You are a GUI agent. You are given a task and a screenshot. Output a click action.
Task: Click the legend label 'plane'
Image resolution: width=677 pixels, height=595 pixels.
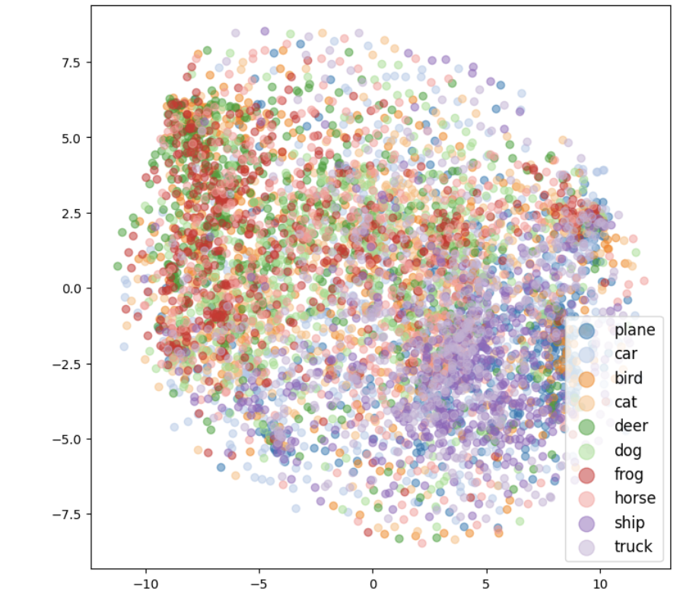634,329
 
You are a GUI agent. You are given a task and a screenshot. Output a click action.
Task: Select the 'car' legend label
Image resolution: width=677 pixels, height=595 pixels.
626,354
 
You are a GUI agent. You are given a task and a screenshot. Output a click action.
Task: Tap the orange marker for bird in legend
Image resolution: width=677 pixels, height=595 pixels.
587,378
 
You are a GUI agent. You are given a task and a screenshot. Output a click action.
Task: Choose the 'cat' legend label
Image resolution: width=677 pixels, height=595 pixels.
626,402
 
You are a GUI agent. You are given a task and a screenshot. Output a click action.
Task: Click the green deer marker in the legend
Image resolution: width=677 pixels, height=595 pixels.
587,426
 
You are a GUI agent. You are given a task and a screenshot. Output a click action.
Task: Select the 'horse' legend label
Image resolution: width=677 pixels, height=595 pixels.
635,498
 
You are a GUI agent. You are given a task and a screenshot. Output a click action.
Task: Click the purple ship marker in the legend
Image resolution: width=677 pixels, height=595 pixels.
587,523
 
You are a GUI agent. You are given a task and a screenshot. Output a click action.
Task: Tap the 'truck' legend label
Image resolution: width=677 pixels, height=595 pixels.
634,546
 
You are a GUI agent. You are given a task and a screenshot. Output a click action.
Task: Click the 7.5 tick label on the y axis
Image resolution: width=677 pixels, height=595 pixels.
74,62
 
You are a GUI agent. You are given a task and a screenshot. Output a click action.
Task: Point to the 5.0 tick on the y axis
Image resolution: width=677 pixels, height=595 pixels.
74,138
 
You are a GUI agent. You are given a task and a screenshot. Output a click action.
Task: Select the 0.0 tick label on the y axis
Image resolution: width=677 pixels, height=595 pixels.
74,288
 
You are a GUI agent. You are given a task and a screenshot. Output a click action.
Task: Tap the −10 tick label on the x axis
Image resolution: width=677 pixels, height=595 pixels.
145,584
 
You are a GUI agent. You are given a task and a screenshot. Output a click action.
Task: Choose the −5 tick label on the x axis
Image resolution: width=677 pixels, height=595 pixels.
259,584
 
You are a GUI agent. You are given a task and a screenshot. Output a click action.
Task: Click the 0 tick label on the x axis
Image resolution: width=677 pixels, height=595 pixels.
373,584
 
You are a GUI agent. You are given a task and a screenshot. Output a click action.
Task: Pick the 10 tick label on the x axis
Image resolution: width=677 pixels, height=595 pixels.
599,584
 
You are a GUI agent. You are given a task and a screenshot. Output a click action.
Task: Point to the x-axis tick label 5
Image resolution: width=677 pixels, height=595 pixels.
486,584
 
